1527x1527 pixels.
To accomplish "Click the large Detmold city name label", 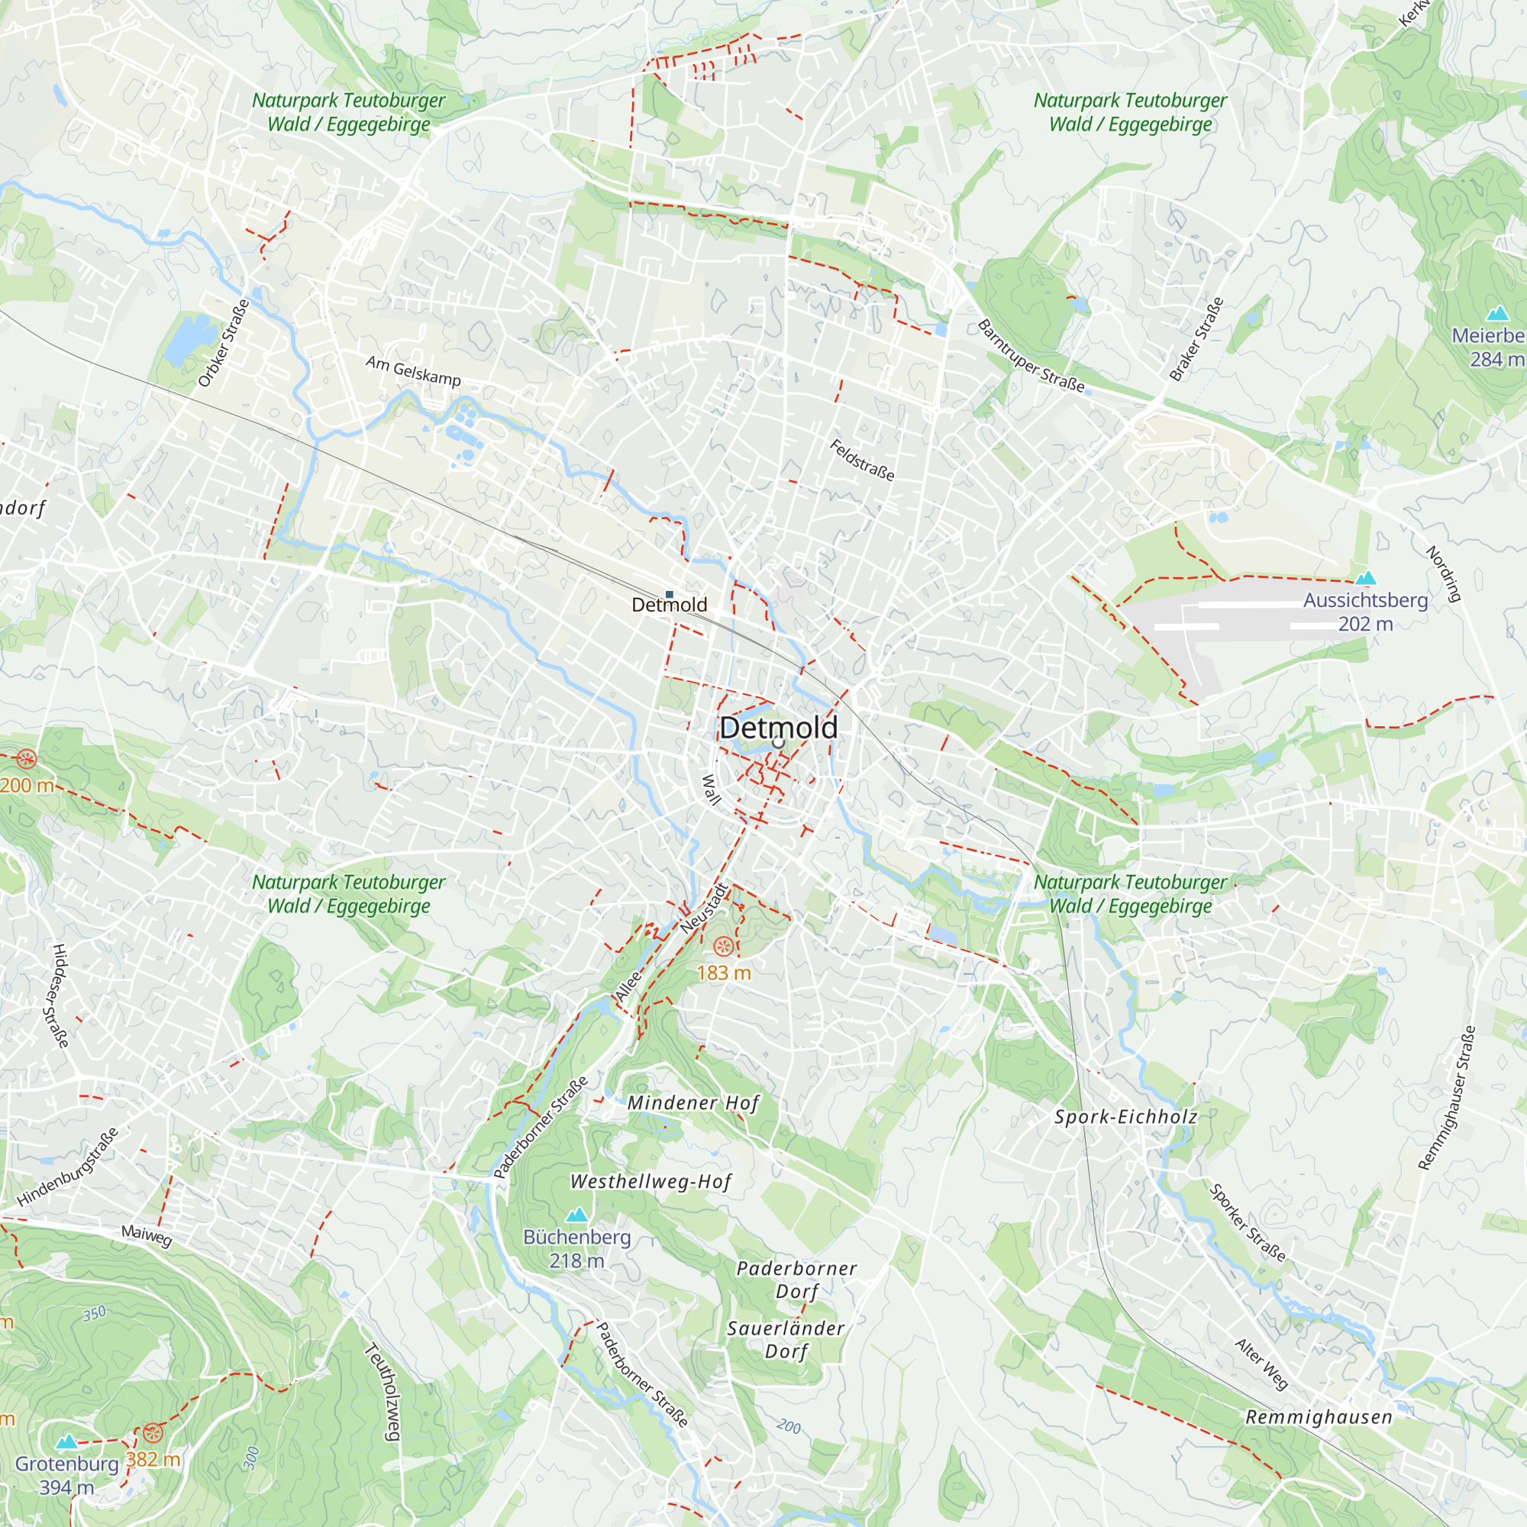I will (x=779, y=728).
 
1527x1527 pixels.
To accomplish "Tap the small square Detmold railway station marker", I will (x=670, y=594).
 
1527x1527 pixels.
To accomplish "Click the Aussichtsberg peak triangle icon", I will (x=1366, y=579).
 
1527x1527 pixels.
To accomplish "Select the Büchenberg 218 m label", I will (x=577, y=1249).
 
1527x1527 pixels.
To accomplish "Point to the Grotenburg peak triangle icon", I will (x=67, y=1441).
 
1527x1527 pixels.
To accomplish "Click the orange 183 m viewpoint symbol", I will (x=722, y=946).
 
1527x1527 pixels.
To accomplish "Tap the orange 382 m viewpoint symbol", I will (x=153, y=1433).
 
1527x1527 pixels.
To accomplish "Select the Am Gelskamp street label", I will (x=413, y=372).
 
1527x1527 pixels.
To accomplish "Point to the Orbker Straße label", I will (x=224, y=343).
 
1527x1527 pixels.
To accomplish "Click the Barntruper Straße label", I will (x=1031, y=357).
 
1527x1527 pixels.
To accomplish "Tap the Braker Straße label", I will (x=1196, y=340).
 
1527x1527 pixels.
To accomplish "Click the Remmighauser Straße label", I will (x=1446, y=1098).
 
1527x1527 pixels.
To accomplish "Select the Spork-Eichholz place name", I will (x=1126, y=1117).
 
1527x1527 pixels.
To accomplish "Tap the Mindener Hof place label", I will (x=693, y=1102).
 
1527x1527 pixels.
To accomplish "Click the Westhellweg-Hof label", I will (x=651, y=1182).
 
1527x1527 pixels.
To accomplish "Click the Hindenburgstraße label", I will (x=68, y=1167).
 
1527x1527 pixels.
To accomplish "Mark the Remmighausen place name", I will (x=1319, y=1417).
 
